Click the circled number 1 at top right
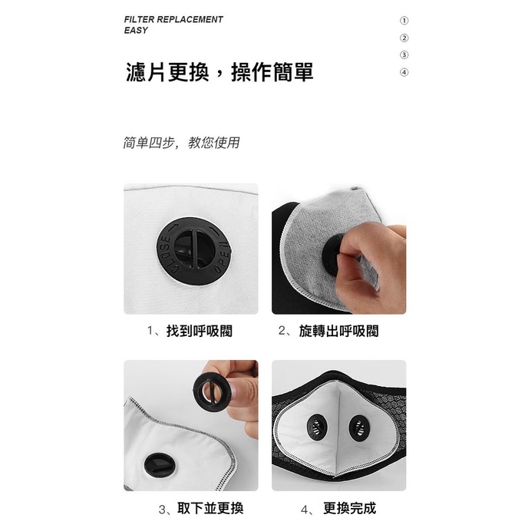(x=404, y=21)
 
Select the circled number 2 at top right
(x=404, y=38)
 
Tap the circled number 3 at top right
(x=404, y=55)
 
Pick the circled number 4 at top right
(x=404, y=72)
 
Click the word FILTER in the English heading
(x=139, y=19)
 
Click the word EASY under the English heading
(x=136, y=30)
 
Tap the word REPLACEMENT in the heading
(x=190, y=19)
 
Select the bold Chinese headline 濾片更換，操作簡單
(x=219, y=72)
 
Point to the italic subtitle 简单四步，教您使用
(x=181, y=143)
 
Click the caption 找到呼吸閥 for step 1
(x=200, y=331)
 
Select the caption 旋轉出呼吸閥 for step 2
(x=338, y=331)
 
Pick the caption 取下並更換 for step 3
(x=210, y=508)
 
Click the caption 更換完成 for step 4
(x=349, y=508)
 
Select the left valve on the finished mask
(x=317, y=427)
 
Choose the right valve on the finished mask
(x=360, y=428)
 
